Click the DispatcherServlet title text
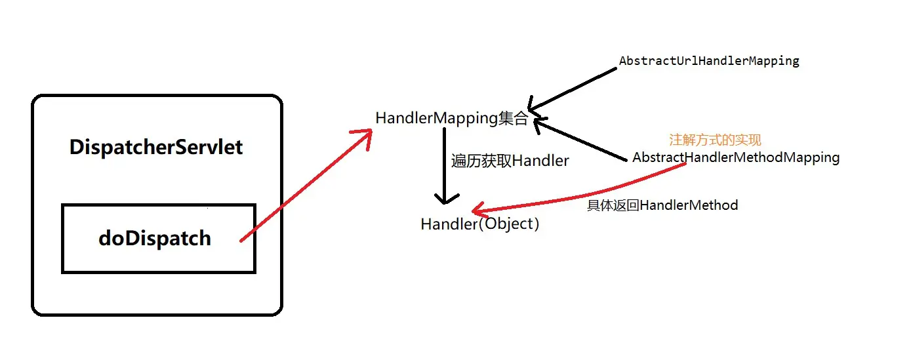[156, 147]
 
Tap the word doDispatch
[155, 238]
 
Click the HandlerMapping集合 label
[451, 118]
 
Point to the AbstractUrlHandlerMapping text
[709, 61]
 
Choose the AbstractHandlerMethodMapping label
[736, 157]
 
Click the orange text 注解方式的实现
[715, 140]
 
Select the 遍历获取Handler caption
[510, 161]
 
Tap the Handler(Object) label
[480, 224]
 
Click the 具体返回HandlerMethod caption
[662, 205]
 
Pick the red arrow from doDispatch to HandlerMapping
[302, 187]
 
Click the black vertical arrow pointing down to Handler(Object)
[445, 164]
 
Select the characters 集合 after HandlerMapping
[514, 118]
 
